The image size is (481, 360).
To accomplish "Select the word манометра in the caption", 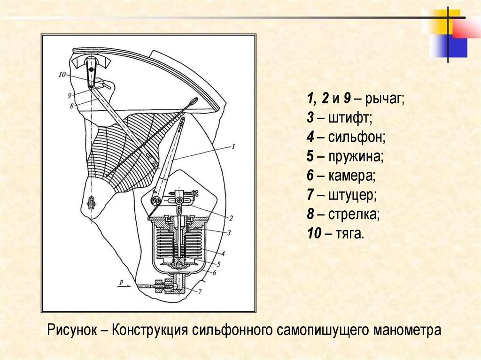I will pyautogui.click(x=408, y=330).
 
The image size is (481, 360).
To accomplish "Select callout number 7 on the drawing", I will pyautogui.click(x=199, y=292).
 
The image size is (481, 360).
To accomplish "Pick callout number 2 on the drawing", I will pyautogui.click(x=231, y=218).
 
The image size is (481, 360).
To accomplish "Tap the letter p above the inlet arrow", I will pyautogui.click(x=122, y=282).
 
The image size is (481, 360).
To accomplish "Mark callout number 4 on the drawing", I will pyautogui.click(x=224, y=253).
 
